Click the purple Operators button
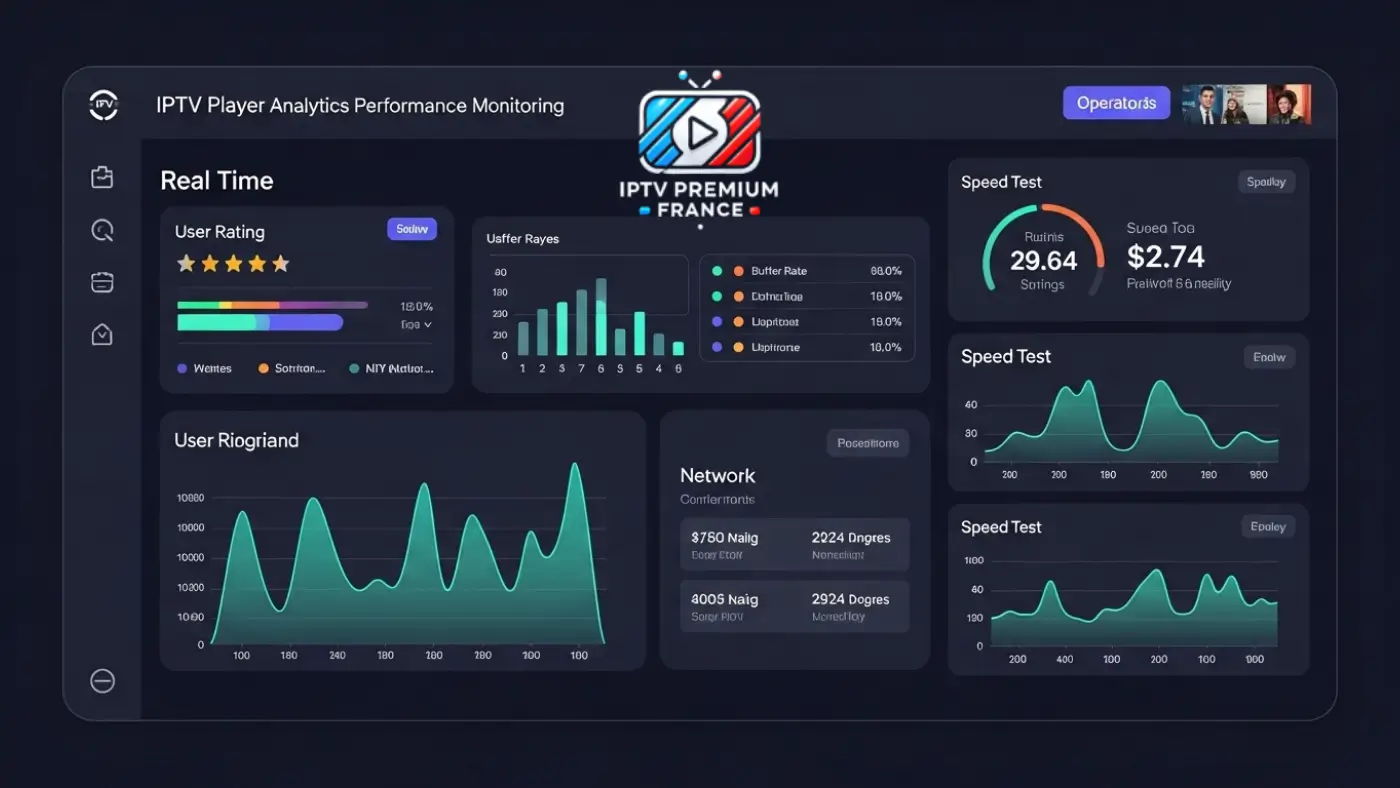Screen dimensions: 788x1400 pos(1116,103)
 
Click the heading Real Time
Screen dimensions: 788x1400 pos(217,181)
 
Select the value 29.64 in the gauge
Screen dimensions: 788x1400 pos(1043,261)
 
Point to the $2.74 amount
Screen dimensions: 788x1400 pos(1165,257)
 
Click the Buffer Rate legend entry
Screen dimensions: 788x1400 pos(779,271)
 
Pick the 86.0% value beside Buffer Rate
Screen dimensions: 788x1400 pos(886,271)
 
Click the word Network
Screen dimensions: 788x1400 pos(717,476)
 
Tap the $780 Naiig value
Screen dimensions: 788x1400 pos(724,538)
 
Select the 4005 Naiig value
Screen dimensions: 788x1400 pos(724,600)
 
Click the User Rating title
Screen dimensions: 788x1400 pos(220,232)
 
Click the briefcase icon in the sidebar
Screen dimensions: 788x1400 pos(102,178)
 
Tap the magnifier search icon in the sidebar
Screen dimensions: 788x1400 pos(102,231)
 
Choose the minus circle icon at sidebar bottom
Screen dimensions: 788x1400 pos(102,681)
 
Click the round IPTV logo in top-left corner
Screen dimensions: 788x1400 pos(104,104)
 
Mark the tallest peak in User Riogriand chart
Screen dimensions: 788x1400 pos(575,466)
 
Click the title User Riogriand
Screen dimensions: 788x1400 pos(236,441)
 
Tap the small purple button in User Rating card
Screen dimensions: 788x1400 pos(412,229)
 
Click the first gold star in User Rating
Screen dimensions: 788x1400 pos(186,264)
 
